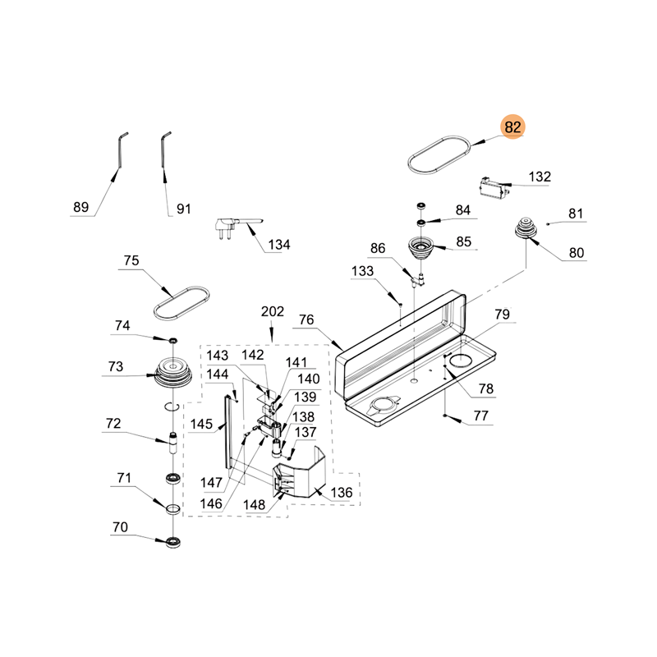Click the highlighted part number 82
[513, 127]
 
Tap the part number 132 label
[540, 177]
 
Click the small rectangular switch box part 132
[494, 188]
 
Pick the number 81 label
[576, 214]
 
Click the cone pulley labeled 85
[421, 247]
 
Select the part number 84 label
[464, 210]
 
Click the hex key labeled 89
[119, 151]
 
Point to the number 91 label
[183, 209]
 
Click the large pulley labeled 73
[172, 373]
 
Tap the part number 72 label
[113, 424]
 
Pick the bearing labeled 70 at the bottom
[173, 540]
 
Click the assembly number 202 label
[272, 312]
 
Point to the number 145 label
[201, 425]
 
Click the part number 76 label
[306, 319]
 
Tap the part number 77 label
[480, 416]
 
